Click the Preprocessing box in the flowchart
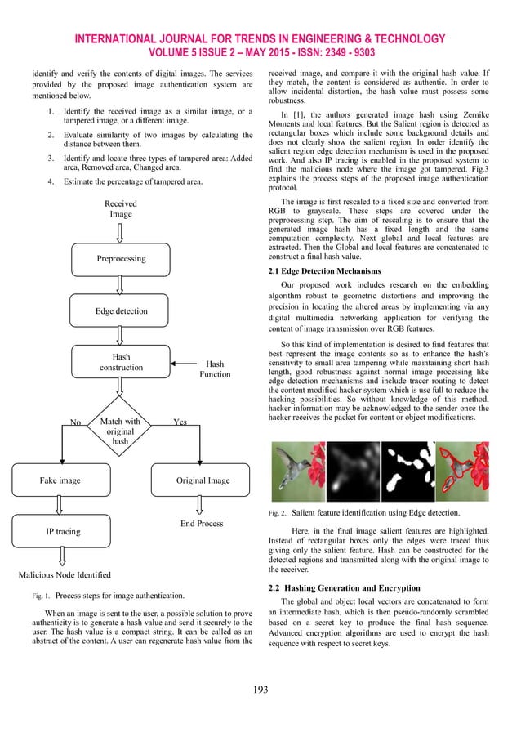pyautogui.click(x=122, y=258)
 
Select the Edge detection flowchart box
pyautogui.click(x=122, y=311)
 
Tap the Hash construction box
pyautogui.click(x=122, y=363)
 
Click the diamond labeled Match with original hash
pyautogui.click(x=121, y=431)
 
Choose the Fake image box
pyautogui.click(x=61, y=480)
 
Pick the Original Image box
pyautogui.click(x=203, y=480)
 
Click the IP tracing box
pyautogui.click(x=61, y=532)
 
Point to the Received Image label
pyautogui.click(x=121, y=208)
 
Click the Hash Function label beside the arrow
pyautogui.click(x=215, y=368)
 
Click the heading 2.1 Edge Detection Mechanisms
pyautogui.click(x=324, y=270)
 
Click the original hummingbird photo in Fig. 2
pyautogui.click(x=298, y=471)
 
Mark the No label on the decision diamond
pyautogui.click(x=76, y=423)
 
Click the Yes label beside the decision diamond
pyautogui.click(x=181, y=422)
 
